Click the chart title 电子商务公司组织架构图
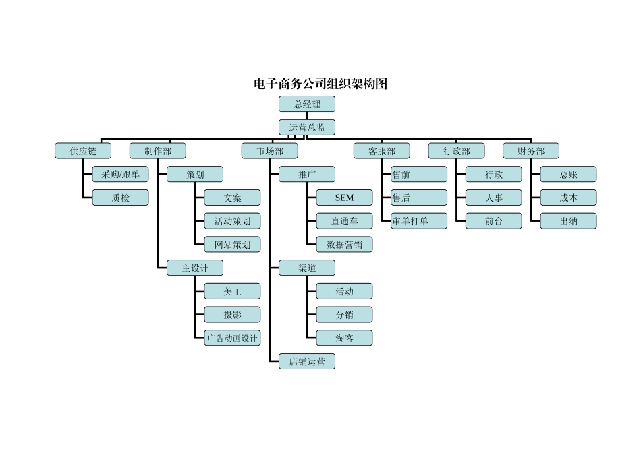(320, 84)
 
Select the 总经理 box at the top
(307, 104)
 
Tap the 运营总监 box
(307, 127)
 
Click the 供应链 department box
(83, 151)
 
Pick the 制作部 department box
(158, 151)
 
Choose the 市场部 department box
(270, 151)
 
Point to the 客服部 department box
(382, 151)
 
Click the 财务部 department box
(531, 151)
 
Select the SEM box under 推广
(344, 198)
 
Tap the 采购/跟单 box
(120, 174)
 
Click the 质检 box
(120, 198)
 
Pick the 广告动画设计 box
(232, 338)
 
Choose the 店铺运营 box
(307, 361)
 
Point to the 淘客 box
(344, 338)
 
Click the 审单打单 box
(419, 220)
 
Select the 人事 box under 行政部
(494, 198)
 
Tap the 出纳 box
(568, 220)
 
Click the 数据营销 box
(344, 244)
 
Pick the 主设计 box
(195, 268)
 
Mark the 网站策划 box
(232, 244)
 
